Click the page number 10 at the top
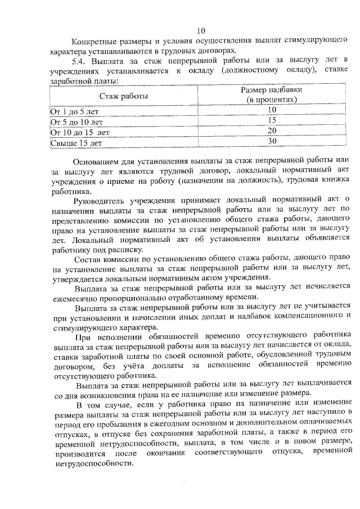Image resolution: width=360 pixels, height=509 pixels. coord(202,30)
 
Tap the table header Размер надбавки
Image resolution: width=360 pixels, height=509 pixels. coord(272,90)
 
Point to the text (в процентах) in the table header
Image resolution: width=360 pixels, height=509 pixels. coord(272,100)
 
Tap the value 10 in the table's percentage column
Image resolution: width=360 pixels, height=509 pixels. coord(272,110)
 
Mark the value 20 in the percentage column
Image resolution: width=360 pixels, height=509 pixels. coord(272,130)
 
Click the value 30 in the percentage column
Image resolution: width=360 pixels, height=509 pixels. coord(272,141)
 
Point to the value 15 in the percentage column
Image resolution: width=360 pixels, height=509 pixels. coord(272,120)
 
